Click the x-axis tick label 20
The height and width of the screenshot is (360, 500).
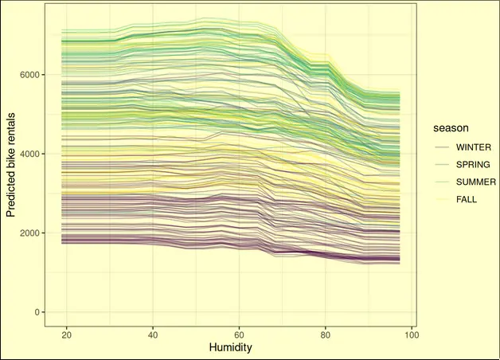pos(66,335)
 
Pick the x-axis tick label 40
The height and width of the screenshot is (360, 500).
pos(152,335)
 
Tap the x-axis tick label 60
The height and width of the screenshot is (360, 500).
pos(239,335)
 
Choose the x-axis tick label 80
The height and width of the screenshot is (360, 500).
pos(325,335)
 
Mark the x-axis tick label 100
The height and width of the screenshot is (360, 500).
pos(411,335)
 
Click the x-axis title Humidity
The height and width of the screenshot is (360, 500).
pos(231,348)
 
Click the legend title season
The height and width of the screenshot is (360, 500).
pos(450,127)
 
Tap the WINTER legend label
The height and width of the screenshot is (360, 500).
pos(472,147)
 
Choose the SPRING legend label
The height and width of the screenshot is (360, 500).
pos(473,165)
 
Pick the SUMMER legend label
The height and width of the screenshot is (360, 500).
pos(475,182)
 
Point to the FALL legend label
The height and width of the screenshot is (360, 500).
pos(467,198)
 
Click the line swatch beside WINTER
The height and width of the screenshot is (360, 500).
pos(441,147)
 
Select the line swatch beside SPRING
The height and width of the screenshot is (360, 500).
pos(441,165)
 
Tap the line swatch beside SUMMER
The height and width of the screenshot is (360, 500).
pos(441,182)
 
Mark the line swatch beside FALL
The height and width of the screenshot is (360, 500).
pos(441,198)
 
